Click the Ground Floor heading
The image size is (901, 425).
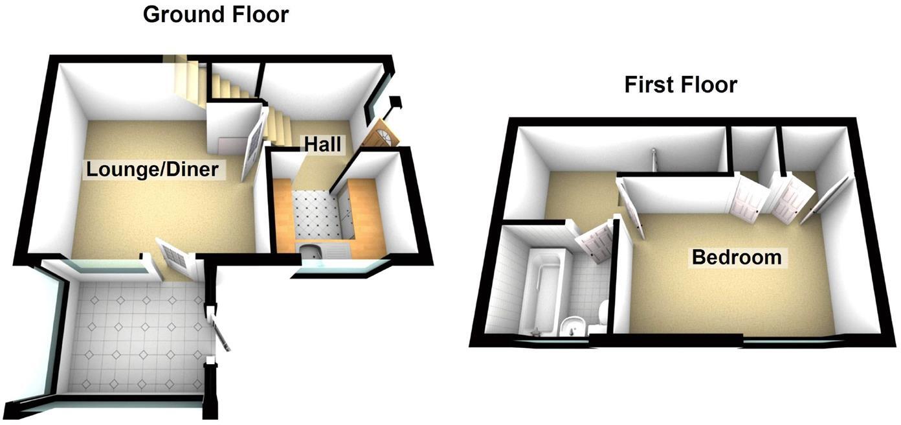tap(216, 14)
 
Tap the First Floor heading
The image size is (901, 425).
tap(680, 85)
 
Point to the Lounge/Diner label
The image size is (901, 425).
tap(153, 170)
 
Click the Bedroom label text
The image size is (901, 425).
tap(737, 257)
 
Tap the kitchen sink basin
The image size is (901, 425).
tap(308, 250)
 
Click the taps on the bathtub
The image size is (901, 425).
tap(536, 332)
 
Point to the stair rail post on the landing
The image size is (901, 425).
tap(654, 159)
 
